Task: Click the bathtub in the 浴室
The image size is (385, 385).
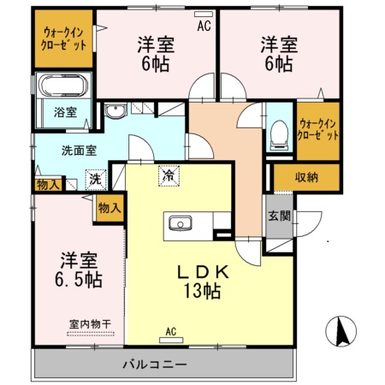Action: pos(61,88)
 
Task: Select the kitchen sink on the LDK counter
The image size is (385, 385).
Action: pos(181,224)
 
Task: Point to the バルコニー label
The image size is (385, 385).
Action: pos(154,365)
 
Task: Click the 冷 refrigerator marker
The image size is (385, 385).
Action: pos(168,175)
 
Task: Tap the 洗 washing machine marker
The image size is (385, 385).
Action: pos(96,180)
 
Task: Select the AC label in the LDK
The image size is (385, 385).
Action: pos(170,332)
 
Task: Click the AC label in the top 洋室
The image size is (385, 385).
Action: pos(204,26)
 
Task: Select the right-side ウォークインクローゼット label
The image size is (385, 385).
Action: pos(317,129)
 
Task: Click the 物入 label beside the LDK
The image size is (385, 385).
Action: pos(109,207)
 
